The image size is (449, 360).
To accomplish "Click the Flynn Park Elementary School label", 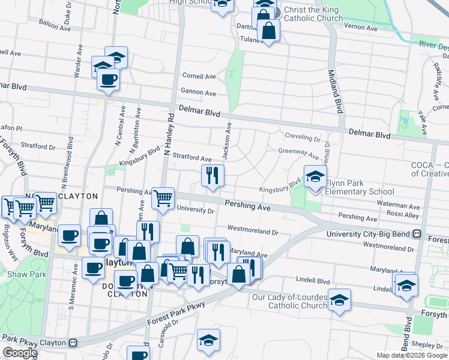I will click(359, 192).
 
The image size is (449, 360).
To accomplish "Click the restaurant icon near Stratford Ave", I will click(211, 176).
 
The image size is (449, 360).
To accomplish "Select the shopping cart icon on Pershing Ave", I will click(163, 199).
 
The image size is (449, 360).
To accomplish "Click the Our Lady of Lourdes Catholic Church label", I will click(290, 301).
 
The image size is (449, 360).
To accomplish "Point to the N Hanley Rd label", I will click(169, 136).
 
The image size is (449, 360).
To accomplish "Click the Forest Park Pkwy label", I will click(180, 313).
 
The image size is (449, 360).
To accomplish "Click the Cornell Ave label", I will click(199, 77).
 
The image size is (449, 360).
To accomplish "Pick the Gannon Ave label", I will click(198, 93).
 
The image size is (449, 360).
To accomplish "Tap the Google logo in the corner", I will click(19, 353).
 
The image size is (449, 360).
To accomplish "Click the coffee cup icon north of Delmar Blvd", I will click(109, 80).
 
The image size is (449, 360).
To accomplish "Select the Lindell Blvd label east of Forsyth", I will click(314, 280).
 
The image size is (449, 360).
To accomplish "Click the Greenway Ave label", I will click(298, 152).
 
